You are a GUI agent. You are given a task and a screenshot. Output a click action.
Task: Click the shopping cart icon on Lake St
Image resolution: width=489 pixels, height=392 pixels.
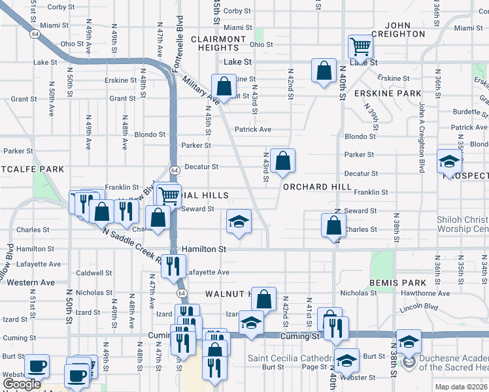tap(360, 47)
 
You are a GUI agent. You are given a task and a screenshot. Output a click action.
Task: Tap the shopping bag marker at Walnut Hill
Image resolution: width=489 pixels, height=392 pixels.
tap(263, 299)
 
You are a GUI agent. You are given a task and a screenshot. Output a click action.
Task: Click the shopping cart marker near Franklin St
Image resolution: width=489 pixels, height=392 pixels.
tap(169, 194)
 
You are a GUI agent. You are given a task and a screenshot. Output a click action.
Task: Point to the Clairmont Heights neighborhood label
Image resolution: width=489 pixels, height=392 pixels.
tap(219, 43)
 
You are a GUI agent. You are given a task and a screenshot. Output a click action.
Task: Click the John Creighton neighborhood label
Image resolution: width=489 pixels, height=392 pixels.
tap(399, 29)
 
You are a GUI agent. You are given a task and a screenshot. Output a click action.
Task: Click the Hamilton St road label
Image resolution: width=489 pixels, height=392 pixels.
tap(204, 249)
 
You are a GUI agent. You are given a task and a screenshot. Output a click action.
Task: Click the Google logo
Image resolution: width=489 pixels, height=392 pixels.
tap(22, 385)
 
